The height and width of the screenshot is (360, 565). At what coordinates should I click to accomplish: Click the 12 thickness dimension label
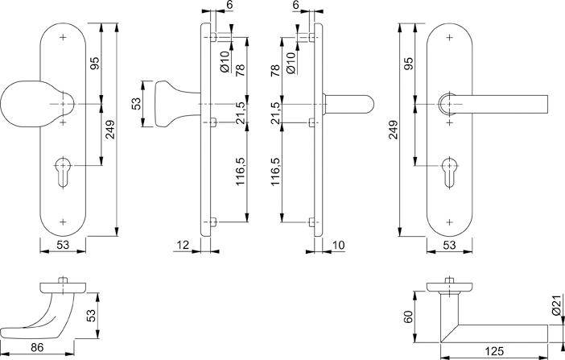183,242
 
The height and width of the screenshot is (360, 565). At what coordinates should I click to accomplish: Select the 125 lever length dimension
494,351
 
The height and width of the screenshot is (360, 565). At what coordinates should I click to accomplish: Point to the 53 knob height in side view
137,104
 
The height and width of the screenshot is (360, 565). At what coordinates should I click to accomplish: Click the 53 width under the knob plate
62,245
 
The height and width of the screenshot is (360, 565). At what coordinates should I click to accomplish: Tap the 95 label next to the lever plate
409,64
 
